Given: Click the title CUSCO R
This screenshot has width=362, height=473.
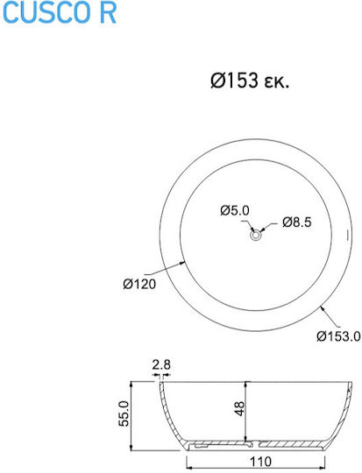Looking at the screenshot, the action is [60, 13].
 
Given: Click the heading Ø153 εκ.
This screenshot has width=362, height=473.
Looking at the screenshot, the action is [250, 81].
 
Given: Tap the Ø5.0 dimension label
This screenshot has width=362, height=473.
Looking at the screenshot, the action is [235, 210].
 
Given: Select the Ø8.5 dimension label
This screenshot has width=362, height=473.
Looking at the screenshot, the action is [296, 222].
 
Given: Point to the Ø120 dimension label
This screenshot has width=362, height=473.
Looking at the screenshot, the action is [139, 284].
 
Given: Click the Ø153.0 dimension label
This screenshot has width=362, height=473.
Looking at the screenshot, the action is [338, 335].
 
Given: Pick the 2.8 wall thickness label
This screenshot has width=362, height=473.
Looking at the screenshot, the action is [161, 365].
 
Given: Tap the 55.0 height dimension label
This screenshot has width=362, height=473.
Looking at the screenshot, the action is [124, 413].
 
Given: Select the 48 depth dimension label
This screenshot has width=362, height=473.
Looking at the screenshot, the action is [239, 408].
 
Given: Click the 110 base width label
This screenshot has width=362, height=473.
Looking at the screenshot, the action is [260, 462].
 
